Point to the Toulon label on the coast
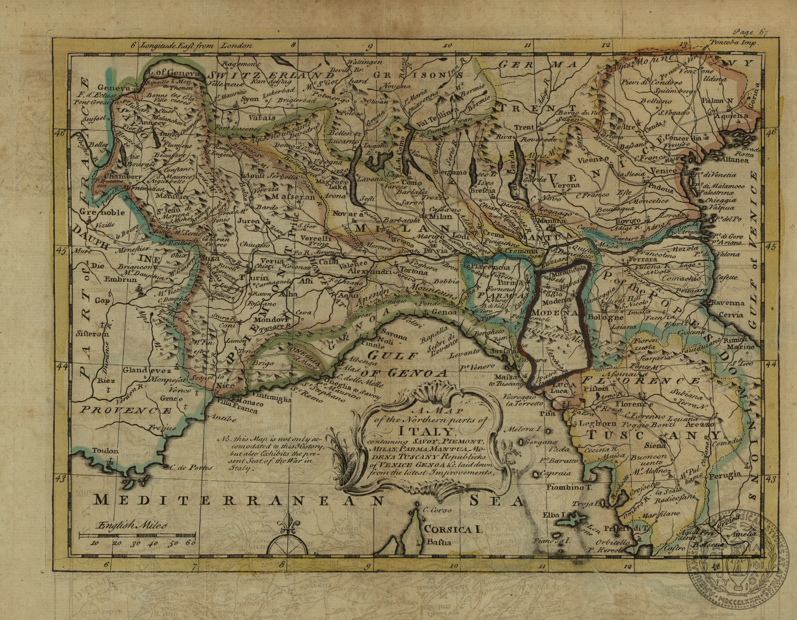pos(105,451)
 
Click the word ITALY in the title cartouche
pos(426,432)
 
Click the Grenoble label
pos(102,212)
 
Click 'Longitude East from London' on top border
pos(197,46)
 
